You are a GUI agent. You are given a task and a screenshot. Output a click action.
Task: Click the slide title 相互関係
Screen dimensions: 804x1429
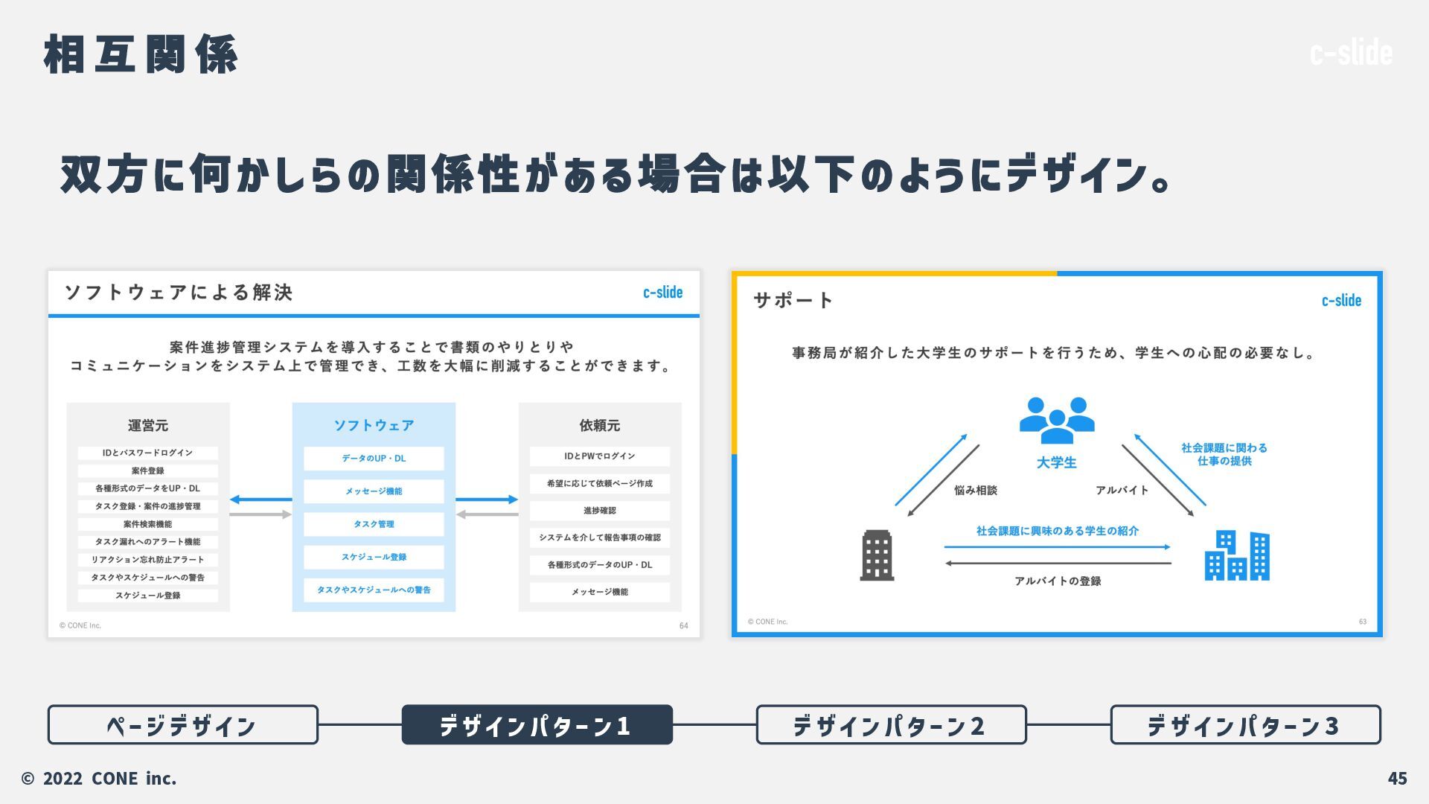point(141,54)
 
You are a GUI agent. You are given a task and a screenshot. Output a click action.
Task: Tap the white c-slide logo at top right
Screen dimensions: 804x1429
point(1350,53)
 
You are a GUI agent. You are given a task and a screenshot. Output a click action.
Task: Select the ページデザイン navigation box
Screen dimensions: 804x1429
point(182,724)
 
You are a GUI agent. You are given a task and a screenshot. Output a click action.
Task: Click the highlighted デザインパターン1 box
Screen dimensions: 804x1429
point(537,724)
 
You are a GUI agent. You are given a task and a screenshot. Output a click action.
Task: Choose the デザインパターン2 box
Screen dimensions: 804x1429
point(891,724)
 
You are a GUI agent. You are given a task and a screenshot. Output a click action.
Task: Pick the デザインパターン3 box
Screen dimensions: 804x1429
point(1245,724)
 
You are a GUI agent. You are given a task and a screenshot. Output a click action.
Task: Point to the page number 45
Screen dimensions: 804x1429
point(1397,778)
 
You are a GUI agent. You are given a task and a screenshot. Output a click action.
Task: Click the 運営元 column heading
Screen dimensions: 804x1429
point(147,425)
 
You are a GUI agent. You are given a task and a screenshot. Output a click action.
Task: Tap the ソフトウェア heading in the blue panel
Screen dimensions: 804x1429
point(374,425)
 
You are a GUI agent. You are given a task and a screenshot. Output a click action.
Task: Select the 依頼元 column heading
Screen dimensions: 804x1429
point(599,425)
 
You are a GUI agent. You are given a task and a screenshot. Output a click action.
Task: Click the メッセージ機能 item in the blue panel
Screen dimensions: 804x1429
point(374,491)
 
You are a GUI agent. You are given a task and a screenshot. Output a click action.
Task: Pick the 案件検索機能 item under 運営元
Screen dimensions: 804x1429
point(147,524)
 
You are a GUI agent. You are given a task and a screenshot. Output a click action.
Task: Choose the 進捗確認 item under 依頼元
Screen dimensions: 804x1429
point(599,511)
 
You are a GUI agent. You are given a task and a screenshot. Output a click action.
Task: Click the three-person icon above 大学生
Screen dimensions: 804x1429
point(1057,420)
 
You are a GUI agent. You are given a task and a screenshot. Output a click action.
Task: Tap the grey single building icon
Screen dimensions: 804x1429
point(877,555)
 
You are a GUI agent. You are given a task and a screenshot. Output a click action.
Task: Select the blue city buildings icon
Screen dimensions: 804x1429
point(1237,555)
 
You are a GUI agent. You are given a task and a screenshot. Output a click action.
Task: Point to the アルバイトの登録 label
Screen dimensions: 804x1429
point(1058,581)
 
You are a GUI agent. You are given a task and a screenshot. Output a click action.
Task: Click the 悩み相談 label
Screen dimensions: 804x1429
point(975,490)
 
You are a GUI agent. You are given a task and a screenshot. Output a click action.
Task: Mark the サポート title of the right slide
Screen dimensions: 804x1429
point(793,300)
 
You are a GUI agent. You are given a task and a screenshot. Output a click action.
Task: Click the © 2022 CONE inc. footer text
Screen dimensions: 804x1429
point(99,778)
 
